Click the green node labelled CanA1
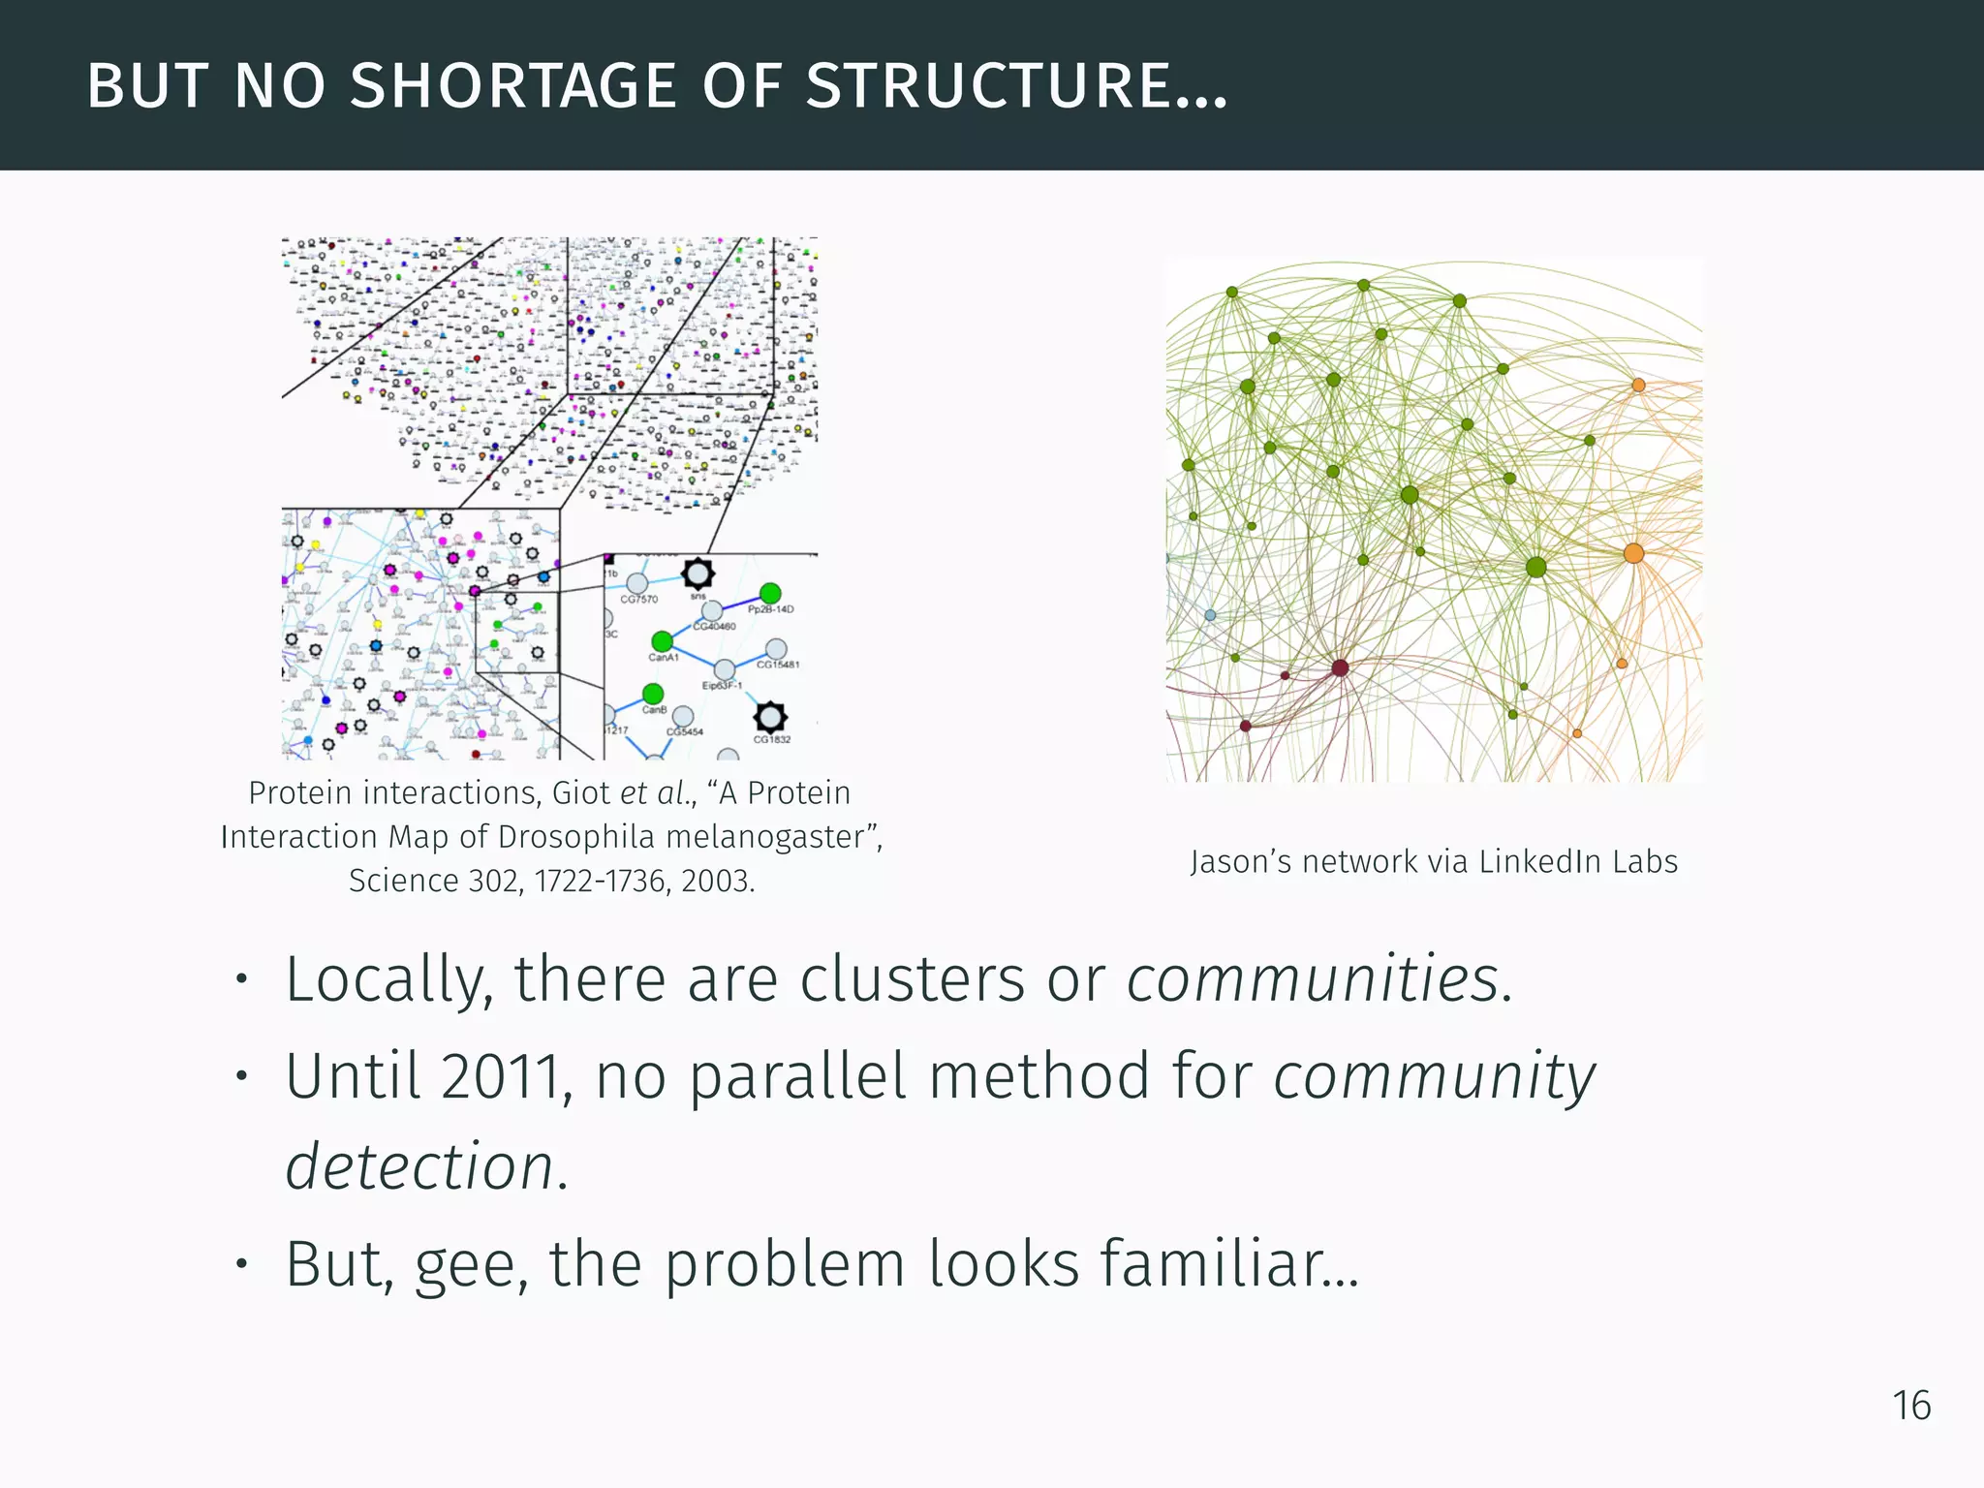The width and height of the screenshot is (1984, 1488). [x=662, y=641]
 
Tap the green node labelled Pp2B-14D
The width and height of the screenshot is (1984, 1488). [x=770, y=593]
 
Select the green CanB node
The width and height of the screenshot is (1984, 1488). [x=653, y=694]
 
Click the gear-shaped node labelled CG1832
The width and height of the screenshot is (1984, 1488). [x=770, y=718]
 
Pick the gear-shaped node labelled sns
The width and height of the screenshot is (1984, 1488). [x=697, y=573]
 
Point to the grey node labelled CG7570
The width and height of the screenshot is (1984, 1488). [x=636, y=583]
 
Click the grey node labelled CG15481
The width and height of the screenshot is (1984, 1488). [x=776, y=648]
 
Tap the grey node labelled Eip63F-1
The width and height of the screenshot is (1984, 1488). [x=725, y=669]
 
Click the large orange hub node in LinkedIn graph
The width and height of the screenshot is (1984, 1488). [x=1633, y=553]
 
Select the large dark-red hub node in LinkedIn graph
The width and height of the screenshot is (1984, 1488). [x=1340, y=667]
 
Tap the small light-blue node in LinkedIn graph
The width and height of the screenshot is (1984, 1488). [x=1210, y=614]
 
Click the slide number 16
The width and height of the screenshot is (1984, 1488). [x=1911, y=1406]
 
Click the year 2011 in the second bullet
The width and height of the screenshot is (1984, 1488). [x=500, y=1076]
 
